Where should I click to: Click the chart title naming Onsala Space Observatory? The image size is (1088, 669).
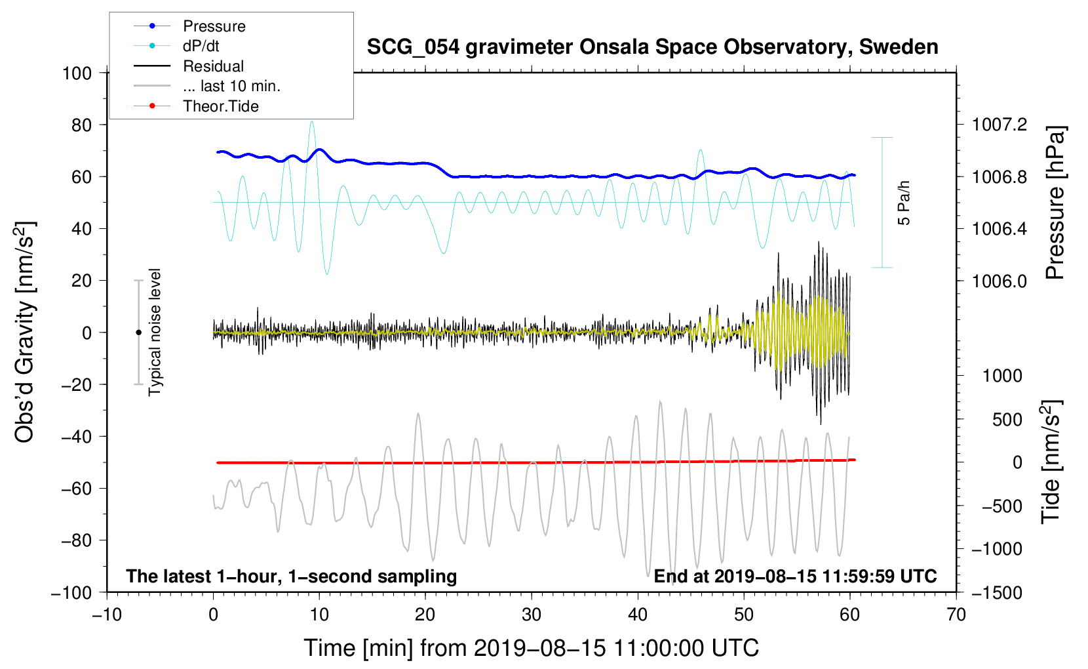tap(652, 47)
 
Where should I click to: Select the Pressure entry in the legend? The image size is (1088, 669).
tap(214, 26)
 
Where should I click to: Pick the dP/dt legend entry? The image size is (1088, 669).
tap(201, 46)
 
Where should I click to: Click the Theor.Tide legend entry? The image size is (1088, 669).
tap(220, 106)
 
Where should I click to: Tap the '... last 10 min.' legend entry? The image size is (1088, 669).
tap(231, 86)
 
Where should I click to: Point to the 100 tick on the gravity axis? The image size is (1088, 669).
tap(77, 73)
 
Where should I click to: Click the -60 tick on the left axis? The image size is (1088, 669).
tap(77, 488)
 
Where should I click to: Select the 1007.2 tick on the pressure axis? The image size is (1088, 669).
tap(999, 125)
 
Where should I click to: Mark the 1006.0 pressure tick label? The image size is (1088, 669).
tap(999, 281)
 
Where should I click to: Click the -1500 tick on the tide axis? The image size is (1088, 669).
tap(998, 592)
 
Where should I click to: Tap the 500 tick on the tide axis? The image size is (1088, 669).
tap(1007, 420)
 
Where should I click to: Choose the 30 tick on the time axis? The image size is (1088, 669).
tap(532, 615)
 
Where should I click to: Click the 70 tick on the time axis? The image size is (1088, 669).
tap(956, 615)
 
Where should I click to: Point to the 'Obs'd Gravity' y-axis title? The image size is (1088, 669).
tap(25, 332)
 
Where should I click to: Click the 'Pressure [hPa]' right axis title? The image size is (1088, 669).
tap(1055, 203)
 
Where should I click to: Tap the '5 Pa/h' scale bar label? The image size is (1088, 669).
tap(904, 203)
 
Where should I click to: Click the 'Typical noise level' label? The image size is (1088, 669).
tap(155, 332)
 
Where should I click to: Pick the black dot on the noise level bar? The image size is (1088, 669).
tap(138, 333)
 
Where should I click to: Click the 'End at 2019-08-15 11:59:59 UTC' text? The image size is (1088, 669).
tap(795, 577)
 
